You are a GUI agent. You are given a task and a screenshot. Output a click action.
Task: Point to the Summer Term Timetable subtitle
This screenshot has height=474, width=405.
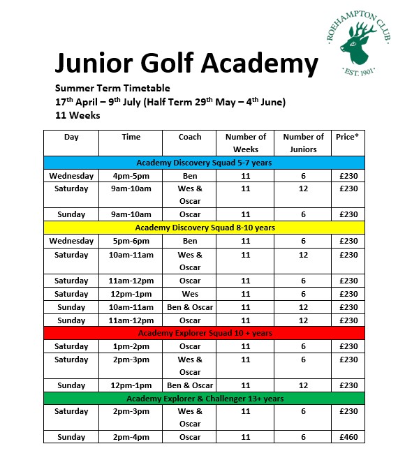[112, 88]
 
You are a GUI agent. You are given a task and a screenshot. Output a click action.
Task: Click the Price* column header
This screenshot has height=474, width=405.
[347, 137]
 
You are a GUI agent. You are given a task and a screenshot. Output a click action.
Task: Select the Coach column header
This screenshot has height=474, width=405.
[189, 137]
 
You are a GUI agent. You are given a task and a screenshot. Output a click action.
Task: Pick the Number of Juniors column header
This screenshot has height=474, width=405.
[303, 143]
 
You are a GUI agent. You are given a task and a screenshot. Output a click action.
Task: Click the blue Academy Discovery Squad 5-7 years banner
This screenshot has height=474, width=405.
[204, 163]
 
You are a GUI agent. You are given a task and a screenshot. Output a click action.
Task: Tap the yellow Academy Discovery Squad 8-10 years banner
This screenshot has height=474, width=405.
[204, 228]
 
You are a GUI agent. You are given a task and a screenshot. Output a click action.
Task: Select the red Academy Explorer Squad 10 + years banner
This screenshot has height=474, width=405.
[204, 333]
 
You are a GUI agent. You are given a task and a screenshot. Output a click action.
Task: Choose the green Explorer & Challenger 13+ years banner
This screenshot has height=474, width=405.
[204, 399]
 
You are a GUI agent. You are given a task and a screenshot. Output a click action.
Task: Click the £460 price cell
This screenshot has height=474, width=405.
[347, 437]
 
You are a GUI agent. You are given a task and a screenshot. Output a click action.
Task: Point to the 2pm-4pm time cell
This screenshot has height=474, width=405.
[131, 437]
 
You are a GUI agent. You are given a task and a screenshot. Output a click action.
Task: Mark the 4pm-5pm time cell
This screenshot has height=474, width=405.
[131, 176]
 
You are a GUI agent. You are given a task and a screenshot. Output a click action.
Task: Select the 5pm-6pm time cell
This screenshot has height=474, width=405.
[131, 241]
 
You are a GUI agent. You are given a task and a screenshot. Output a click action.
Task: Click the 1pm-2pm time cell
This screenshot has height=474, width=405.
[131, 346]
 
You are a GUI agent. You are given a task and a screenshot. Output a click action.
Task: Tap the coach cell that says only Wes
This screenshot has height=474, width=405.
[189, 294]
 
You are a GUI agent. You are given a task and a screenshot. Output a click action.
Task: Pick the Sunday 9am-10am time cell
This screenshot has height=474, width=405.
[131, 214]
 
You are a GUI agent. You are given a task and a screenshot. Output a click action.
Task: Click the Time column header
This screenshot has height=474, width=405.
[131, 137]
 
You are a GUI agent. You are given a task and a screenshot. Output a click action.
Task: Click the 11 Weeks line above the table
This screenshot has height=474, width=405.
[78, 115]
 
